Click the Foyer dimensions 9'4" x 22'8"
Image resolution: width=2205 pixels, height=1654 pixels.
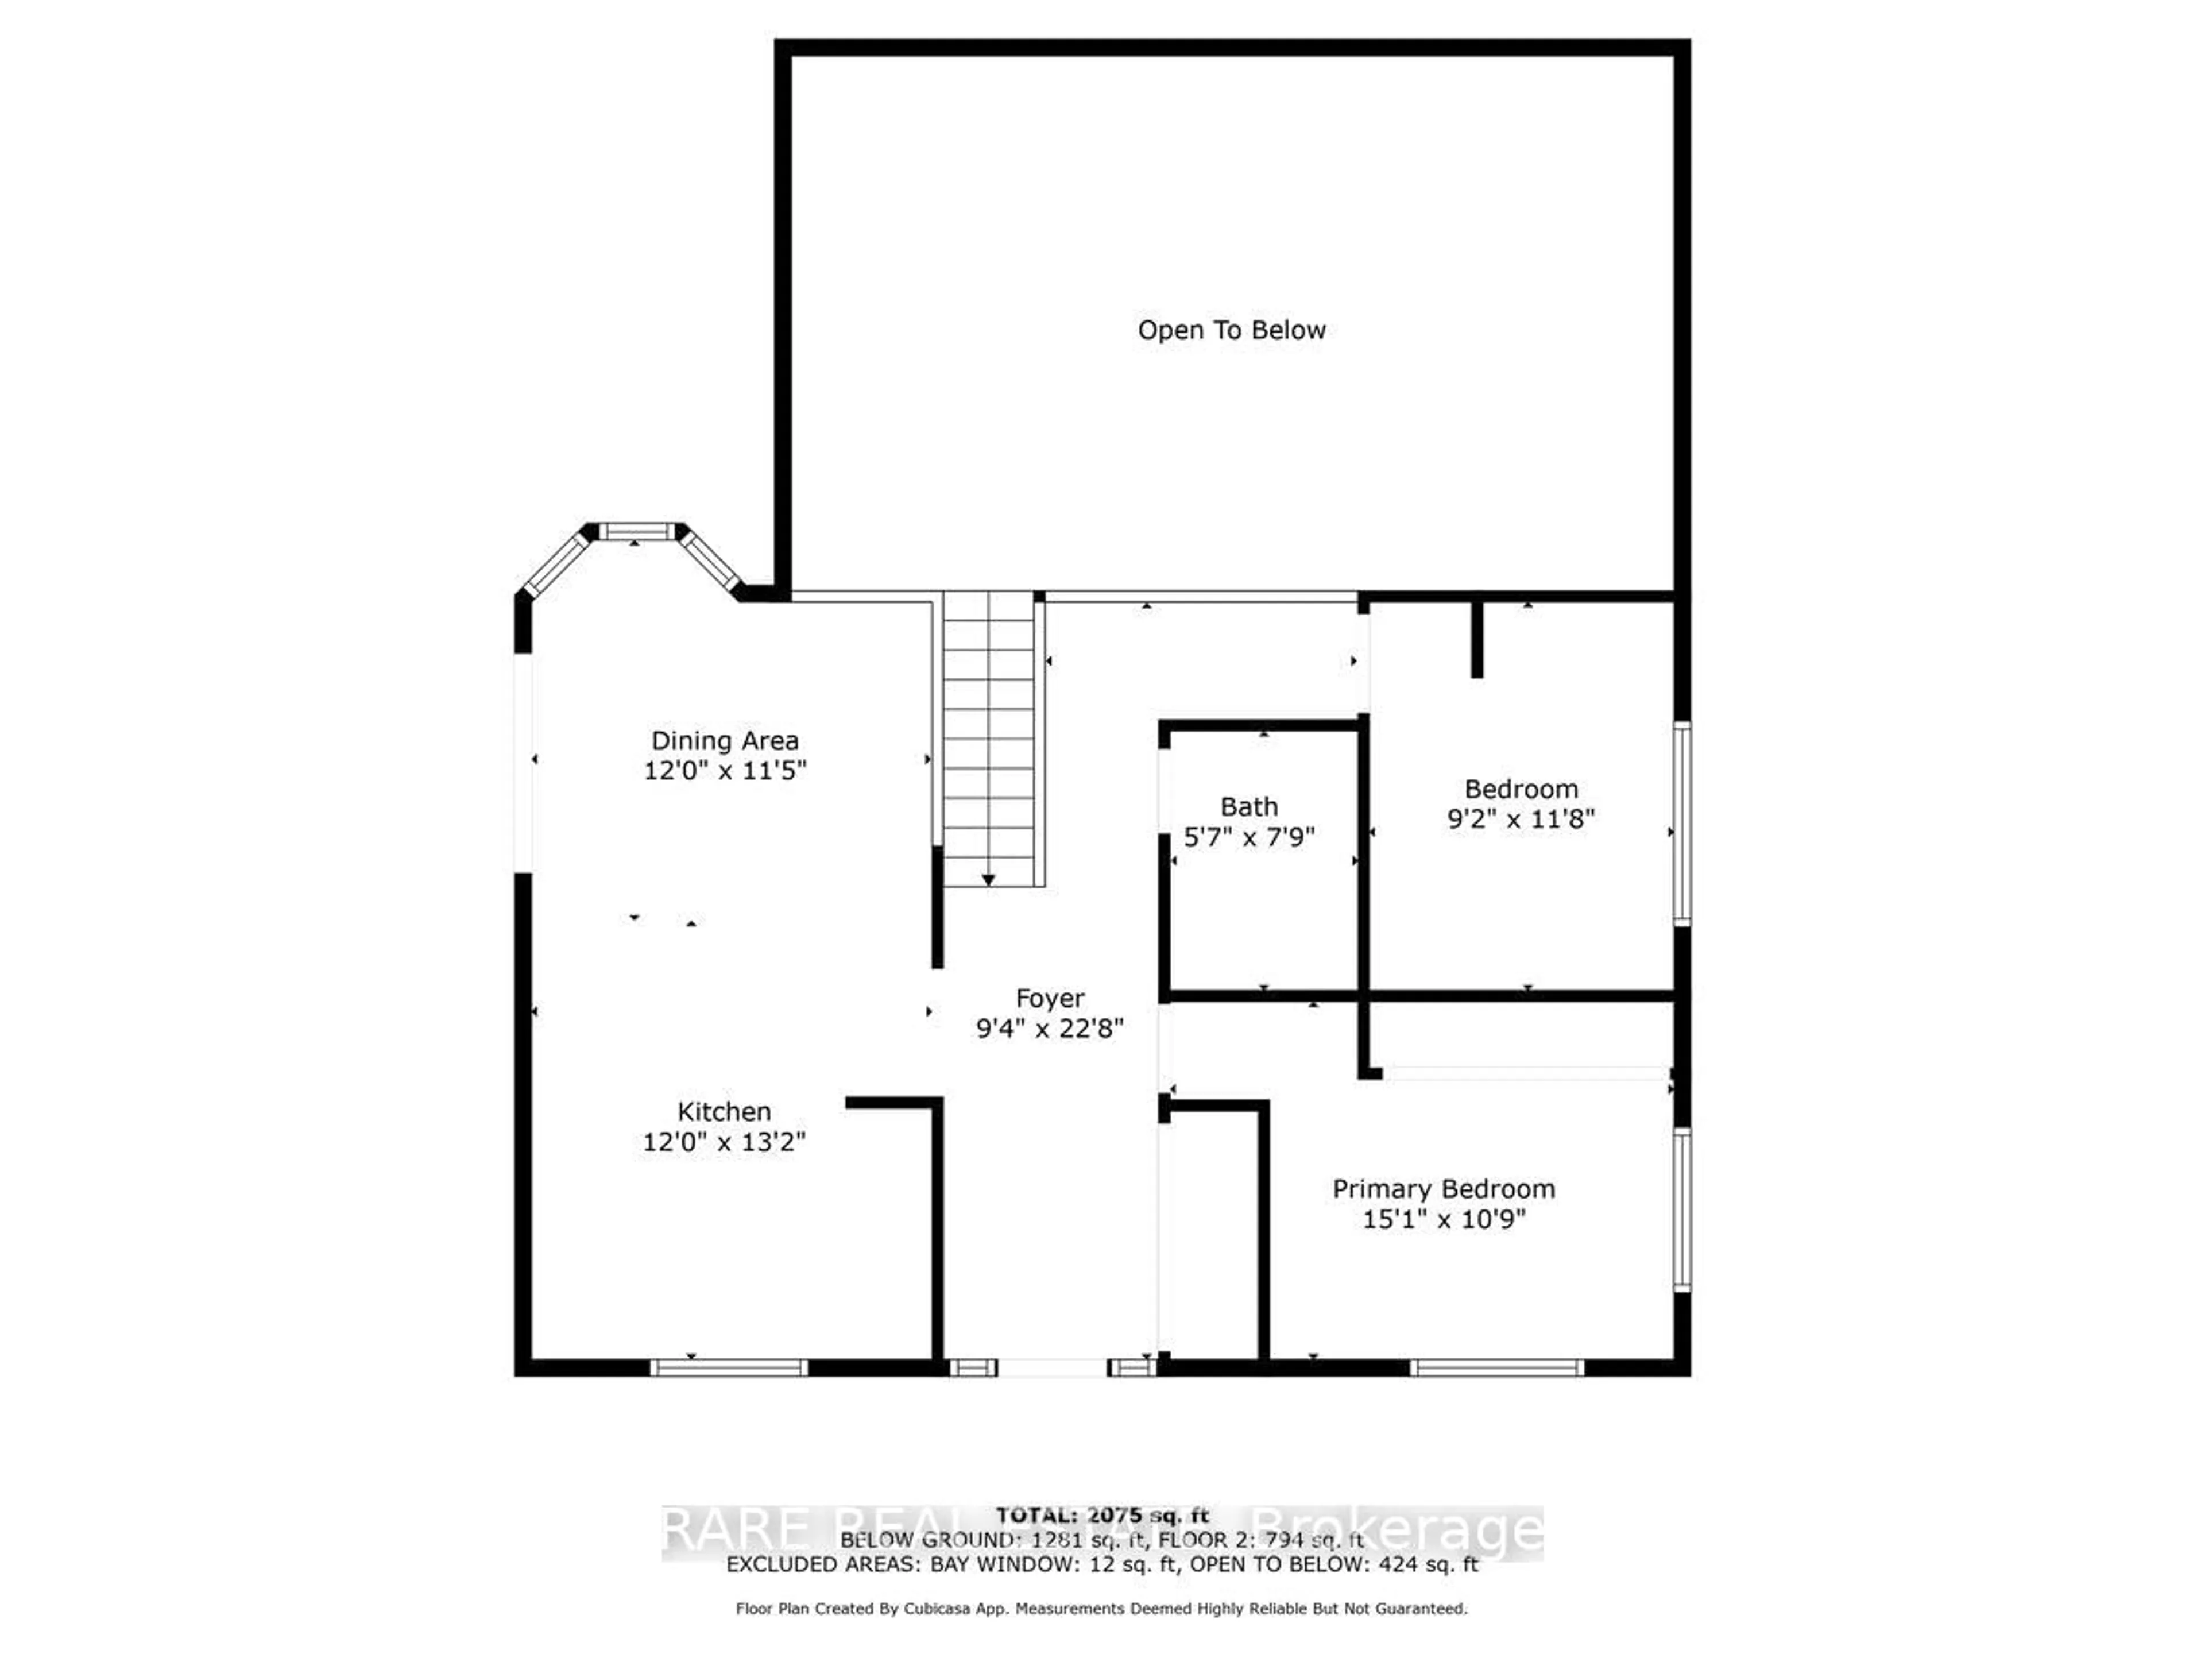(x=1050, y=1028)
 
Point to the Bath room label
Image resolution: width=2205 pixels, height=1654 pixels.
(x=1249, y=806)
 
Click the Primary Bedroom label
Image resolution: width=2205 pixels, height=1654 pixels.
(x=1444, y=1189)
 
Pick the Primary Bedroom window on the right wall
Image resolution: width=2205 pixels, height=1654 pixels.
(x=1682, y=1210)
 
